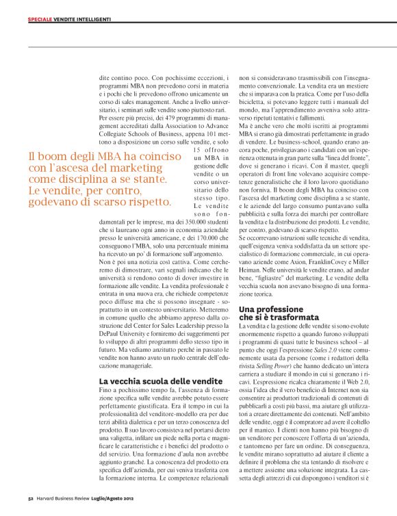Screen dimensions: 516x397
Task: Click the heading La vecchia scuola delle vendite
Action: coord(151,380)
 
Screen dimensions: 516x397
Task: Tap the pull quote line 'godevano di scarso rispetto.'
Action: coord(100,183)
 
